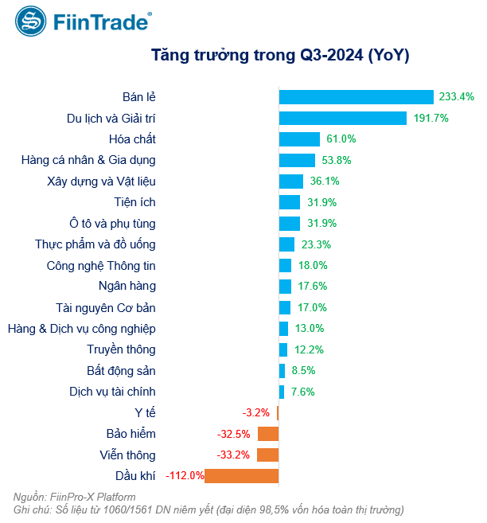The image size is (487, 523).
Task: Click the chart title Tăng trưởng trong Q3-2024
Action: pos(280,55)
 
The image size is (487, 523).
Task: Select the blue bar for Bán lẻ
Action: pos(356,96)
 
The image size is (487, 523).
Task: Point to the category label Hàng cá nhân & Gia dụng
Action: pos(88,160)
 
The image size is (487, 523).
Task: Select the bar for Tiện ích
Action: pos(290,202)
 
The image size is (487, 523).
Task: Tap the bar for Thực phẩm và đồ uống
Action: pos(286,244)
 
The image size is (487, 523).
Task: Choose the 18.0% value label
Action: pos(313,265)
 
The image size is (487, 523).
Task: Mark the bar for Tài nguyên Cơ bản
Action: pos(285,307)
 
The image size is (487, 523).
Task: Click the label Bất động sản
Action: pos(121,370)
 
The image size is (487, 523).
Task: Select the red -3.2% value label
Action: pos(256,412)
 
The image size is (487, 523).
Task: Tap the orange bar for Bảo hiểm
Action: pos(268,434)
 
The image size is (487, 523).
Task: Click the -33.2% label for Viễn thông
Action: pos(234,455)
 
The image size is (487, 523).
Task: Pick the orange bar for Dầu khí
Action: pos(243,476)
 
